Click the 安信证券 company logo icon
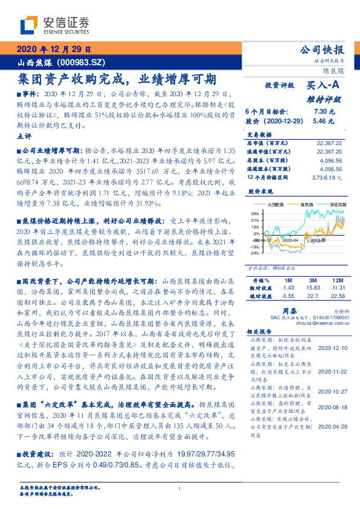[31, 25]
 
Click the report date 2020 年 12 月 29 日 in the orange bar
[54, 49]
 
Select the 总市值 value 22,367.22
[329, 143]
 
